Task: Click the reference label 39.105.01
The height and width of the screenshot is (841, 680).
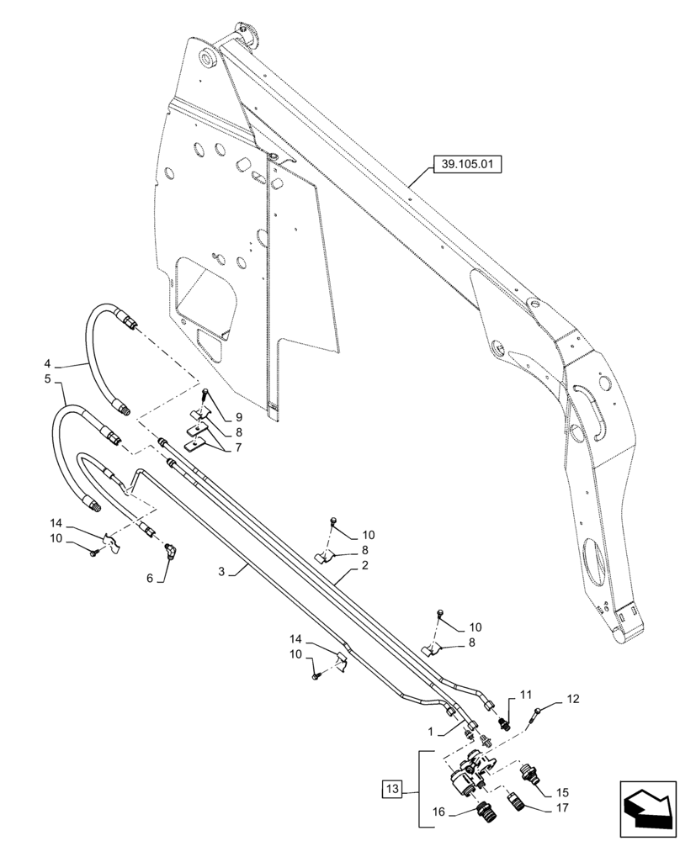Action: pyautogui.click(x=465, y=166)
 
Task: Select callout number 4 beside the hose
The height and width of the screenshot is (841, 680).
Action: pyautogui.click(x=47, y=364)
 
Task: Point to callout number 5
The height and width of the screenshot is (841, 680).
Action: pyautogui.click(x=47, y=380)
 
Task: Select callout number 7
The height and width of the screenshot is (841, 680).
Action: pyautogui.click(x=238, y=447)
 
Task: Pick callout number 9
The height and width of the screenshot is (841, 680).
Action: pyautogui.click(x=238, y=417)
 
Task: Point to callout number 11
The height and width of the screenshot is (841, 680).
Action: pyautogui.click(x=525, y=695)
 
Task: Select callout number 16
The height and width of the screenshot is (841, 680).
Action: pyautogui.click(x=439, y=813)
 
